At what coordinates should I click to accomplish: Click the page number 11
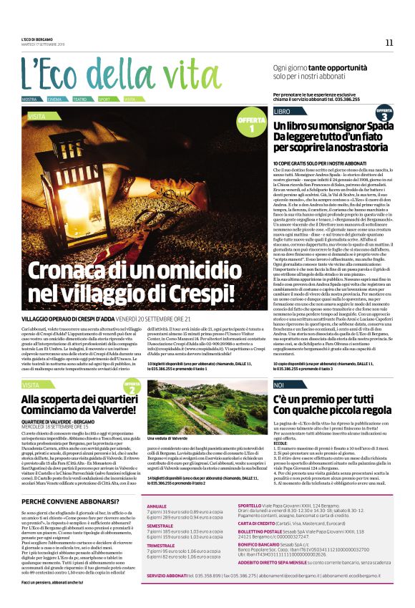[389, 42]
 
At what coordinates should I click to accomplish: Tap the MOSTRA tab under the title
[29, 99]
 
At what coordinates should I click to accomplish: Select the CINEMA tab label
[54, 99]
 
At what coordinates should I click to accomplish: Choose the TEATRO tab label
[79, 99]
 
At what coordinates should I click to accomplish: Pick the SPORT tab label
[104, 99]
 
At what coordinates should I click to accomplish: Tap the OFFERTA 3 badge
[384, 113]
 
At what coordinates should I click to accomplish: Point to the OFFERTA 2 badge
[131, 387]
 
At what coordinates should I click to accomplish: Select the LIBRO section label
[282, 112]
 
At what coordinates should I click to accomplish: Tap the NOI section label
[279, 385]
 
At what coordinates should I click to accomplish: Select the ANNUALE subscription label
[158, 485]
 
